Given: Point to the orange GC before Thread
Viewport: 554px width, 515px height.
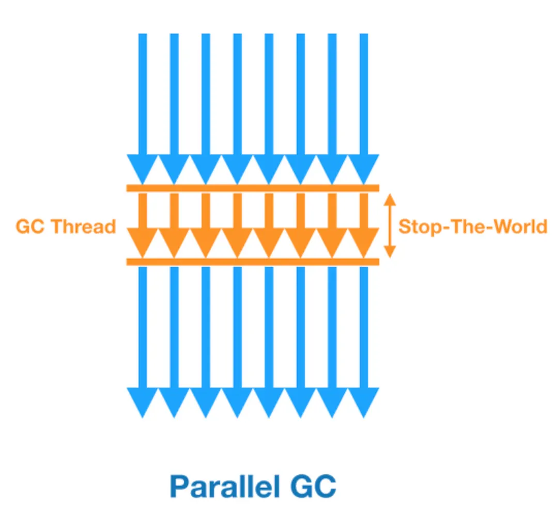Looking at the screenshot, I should pyautogui.click(x=32, y=227).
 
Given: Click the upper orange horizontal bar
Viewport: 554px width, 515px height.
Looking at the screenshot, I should pyautogui.click(x=253, y=188).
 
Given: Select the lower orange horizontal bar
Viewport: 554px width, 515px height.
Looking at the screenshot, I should pyautogui.click(x=253, y=262).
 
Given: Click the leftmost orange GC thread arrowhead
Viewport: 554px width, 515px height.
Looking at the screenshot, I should pyautogui.click(x=143, y=243).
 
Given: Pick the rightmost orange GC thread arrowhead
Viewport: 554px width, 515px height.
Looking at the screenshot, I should pyautogui.click(x=363, y=243).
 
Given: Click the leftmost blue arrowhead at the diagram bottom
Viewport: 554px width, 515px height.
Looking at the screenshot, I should pyautogui.click(x=143, y=402).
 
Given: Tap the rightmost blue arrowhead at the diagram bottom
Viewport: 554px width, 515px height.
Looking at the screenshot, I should pyautogui.click(x=363, y=402).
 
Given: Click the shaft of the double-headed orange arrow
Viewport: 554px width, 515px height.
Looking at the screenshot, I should pyautogui.click(x=390, y=226).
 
